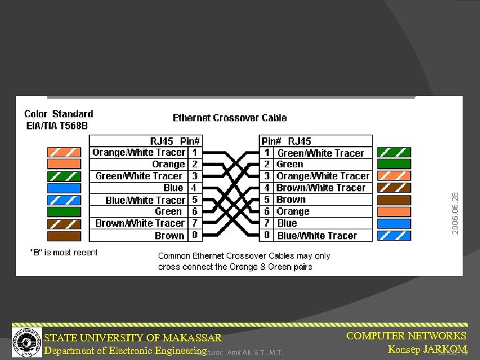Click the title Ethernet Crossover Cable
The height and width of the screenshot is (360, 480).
(229, 118)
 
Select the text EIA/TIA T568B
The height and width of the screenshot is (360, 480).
(57, 125)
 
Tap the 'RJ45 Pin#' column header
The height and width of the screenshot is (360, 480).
(175, 141)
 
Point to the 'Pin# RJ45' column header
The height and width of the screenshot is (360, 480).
(286, 141)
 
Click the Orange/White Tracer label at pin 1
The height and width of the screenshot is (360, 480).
(139, 153)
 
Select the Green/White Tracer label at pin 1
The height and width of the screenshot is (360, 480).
(320, 153)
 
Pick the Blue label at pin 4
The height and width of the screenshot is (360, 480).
(173, 188)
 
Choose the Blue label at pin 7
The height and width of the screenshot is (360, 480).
(287, 223)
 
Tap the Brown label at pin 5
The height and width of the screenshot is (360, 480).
(291, 199)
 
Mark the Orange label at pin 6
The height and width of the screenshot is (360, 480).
(293, 211)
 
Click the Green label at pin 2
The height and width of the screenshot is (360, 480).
(289, 164)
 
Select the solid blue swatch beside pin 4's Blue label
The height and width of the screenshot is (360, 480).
(64, 188)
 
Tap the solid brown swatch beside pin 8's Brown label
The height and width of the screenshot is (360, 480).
(64, 235)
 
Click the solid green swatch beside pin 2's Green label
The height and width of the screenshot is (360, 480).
(394, 164)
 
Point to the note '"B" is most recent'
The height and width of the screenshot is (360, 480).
(64, 252)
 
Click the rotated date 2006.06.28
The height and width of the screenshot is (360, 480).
(455, 213)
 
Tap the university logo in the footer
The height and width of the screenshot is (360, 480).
(27, 340)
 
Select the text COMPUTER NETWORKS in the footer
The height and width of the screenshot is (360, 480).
(406, 336)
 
